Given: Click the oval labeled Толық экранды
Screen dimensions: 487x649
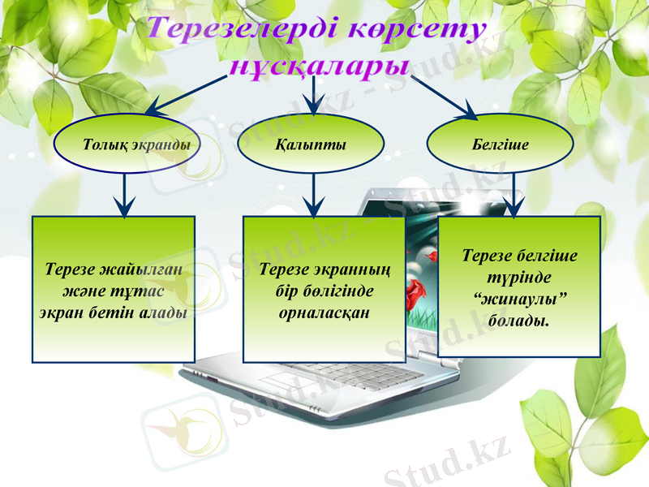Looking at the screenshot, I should [125, 145].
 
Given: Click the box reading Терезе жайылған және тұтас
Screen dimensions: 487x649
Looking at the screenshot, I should [114, 289].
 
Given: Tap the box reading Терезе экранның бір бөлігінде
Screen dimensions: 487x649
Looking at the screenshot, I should [324, 289].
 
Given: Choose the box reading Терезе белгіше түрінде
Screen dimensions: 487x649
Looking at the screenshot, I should [519, 286].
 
